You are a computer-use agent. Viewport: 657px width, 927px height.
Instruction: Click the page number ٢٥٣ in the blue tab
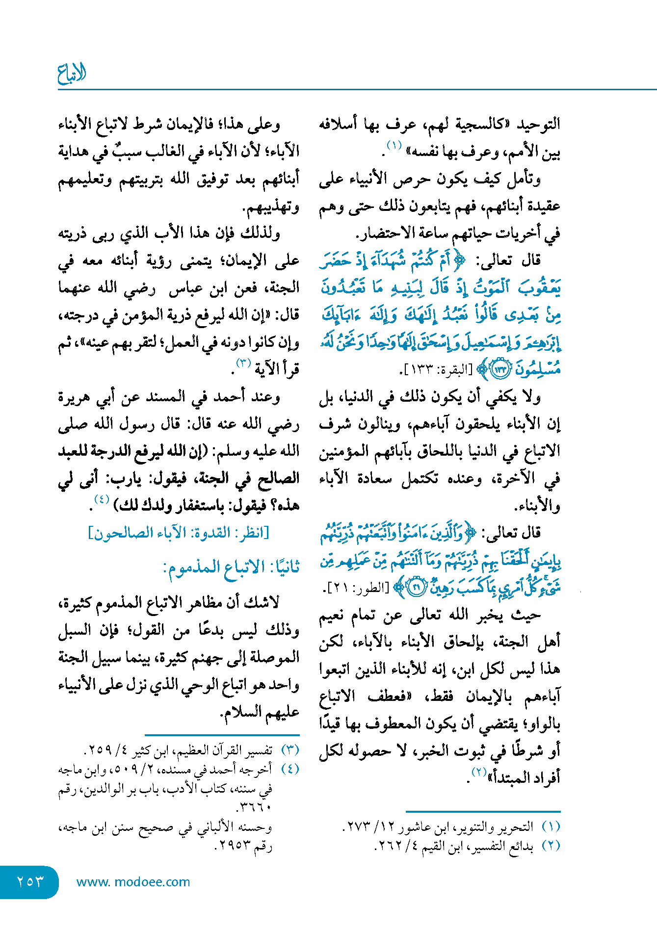pos(30,881)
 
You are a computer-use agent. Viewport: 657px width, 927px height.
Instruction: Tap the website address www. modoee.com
pos(133,882)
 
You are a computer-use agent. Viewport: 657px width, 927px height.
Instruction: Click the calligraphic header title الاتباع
pos(72,74)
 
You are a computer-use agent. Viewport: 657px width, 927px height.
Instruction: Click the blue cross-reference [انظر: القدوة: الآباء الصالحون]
pos(179,533)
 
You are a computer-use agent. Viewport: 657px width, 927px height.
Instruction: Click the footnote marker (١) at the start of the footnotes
pos(551,826)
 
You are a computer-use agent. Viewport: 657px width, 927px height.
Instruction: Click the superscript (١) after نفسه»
pos(394,146)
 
